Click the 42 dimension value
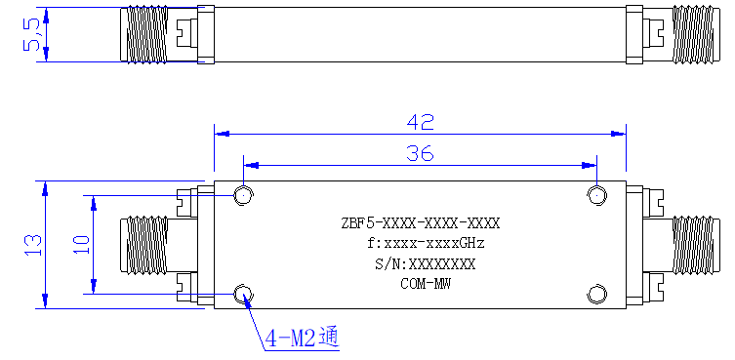[421, 122]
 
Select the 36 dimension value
[420, 153]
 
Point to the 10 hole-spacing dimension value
[81, 245]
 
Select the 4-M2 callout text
[302, 339]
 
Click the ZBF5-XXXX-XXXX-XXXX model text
[421, 223]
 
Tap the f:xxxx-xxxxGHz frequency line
[426, 244]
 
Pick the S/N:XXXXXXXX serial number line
[425, 264]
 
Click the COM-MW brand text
[426, 284]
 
